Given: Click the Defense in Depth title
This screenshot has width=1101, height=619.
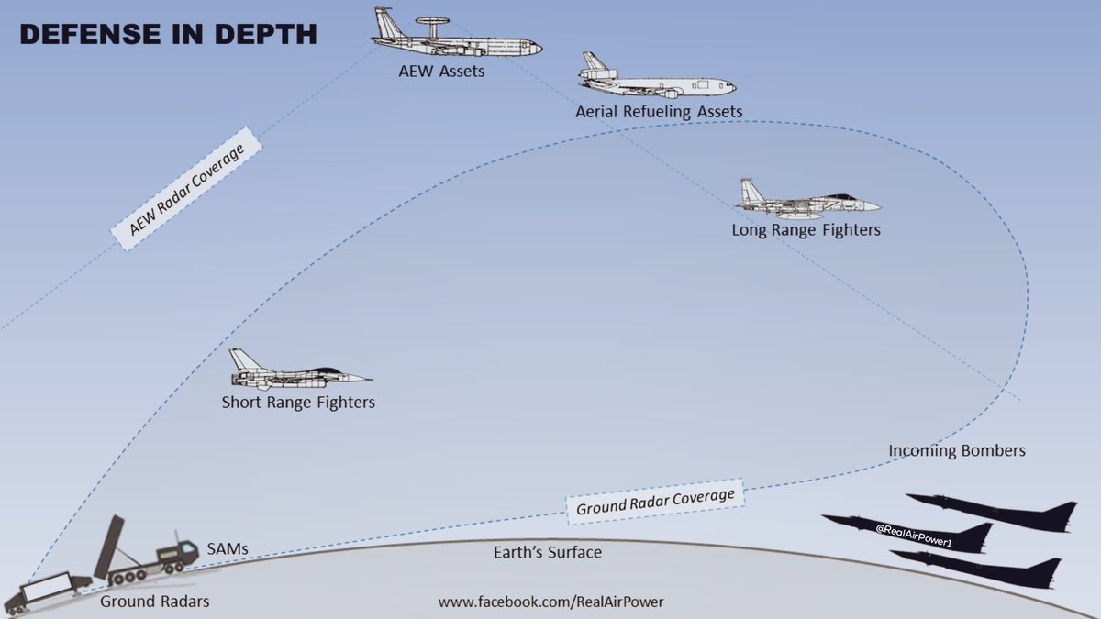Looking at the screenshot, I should pos(168,35).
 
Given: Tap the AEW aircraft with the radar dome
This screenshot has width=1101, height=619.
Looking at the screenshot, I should pos(456,40).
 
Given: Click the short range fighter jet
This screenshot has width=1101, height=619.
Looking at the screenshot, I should pos(298,373).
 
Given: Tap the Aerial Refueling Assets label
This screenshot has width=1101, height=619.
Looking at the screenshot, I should pos(659,112).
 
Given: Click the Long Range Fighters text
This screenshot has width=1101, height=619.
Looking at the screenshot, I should pos(806,230).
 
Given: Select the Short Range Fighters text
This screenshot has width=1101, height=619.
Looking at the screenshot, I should pos(298,403).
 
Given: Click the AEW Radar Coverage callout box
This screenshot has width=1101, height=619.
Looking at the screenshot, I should pos(186,191).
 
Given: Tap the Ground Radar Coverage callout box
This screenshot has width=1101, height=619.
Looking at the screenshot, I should pos(655,502).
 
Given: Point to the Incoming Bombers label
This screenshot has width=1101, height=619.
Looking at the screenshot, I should pos(956,451).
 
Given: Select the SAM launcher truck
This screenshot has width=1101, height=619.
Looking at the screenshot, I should pos(147,554).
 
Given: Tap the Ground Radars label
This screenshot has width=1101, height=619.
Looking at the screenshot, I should pos(155,602).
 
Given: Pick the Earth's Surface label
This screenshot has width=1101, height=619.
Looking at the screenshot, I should pos(547,552).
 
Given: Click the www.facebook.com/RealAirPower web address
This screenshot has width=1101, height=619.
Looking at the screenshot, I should pos(550,602).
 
